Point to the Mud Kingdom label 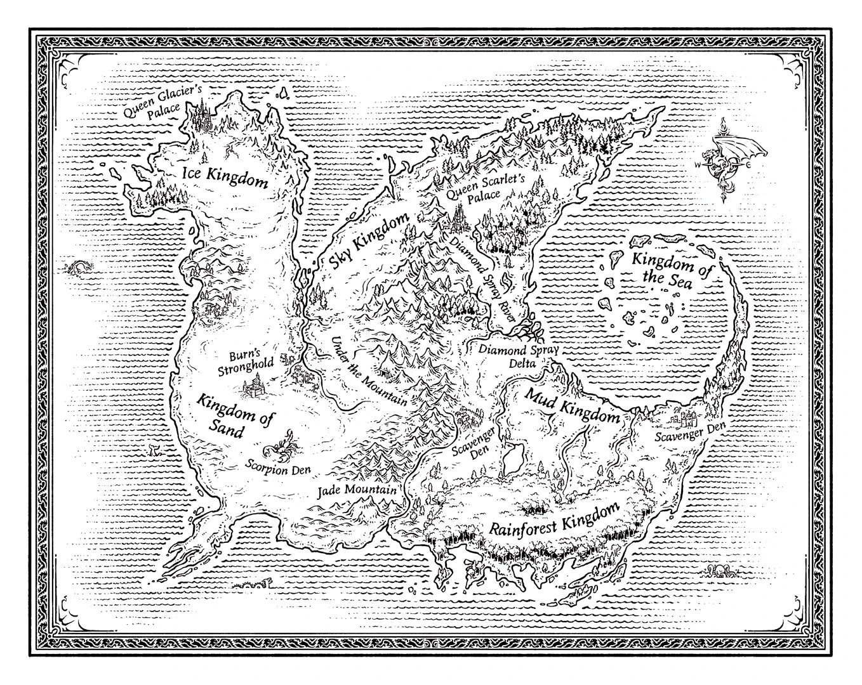[x=571, y=407]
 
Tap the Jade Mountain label [x=357, y=491]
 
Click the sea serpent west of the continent [x=80, y=267]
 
